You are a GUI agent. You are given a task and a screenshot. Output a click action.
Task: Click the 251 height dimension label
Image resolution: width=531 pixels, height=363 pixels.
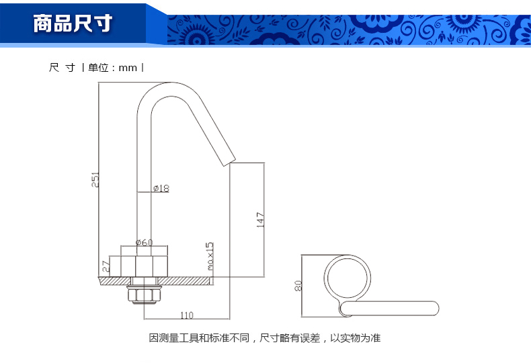click(x=95, y=180)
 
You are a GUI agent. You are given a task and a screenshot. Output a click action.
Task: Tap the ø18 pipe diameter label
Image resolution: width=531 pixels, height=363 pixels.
click(x=161, y=189)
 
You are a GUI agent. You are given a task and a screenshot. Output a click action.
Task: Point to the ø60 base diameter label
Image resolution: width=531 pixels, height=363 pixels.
click(x=145, y=242)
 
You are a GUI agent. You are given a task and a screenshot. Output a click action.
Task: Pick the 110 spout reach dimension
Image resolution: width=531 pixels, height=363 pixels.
click(x=186, y=315)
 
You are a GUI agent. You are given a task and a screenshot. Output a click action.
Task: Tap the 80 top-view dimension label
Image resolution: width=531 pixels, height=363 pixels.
click(x=298, y=285)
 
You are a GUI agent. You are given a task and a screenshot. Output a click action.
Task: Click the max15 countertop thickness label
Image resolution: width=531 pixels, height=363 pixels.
click(x=210, y=256)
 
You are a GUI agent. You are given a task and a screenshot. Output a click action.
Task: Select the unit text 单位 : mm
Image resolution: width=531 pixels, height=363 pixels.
click(x=112, y=68)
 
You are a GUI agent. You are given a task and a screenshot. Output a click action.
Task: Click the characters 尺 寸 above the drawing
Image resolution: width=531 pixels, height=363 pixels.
click(x=62, y=68)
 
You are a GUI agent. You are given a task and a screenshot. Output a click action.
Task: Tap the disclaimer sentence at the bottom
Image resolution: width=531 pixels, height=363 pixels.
click(x=265, y=338)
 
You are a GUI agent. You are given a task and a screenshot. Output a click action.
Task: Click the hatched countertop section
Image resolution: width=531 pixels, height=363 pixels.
click(x=188, y=280)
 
